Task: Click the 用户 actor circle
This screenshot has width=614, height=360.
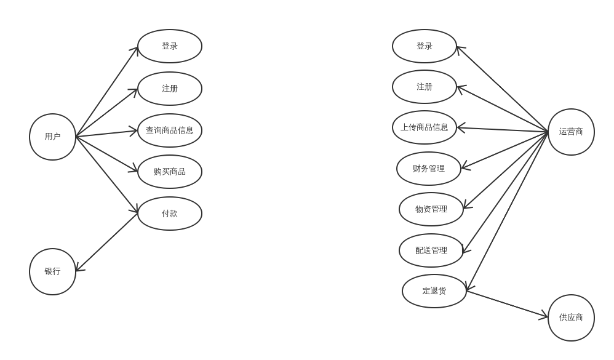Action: (x=52, y=137)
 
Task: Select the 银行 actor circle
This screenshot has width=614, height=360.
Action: (x=52, y=271)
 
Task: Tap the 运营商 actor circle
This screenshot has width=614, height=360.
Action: (x=571, y=132)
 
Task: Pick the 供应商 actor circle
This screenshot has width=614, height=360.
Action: (x=571, y=318)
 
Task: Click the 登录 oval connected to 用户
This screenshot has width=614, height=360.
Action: (x=170, y=46)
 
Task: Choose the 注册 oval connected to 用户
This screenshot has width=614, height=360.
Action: (x=170, y=89)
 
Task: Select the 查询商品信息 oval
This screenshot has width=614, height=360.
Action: (x=170, y=130)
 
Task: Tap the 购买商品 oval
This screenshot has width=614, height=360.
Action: (x=170, y=172)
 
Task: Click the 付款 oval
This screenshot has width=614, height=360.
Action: (x=170, y=214)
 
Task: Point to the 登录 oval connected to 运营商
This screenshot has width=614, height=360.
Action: (x=425, y=46)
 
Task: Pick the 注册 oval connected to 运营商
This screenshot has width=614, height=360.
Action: (x=425, y=87)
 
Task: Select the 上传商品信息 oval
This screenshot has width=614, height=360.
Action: (x=425, y=127)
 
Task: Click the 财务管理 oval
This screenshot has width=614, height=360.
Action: (x=429, y=169)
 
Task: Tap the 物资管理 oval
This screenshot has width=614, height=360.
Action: (x=431, y=209)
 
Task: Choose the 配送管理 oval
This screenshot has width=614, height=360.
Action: (x=431, y=250)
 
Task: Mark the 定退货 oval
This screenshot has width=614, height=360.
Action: (x=434, y=291)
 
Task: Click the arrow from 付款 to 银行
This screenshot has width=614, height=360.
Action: (x=107, y=242)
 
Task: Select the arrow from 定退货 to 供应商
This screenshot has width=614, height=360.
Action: (x=507, y=304)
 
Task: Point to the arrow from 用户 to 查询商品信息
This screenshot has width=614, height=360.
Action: (x=107, y=134)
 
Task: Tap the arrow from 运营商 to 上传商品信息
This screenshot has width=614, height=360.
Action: (x=502, y=129)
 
